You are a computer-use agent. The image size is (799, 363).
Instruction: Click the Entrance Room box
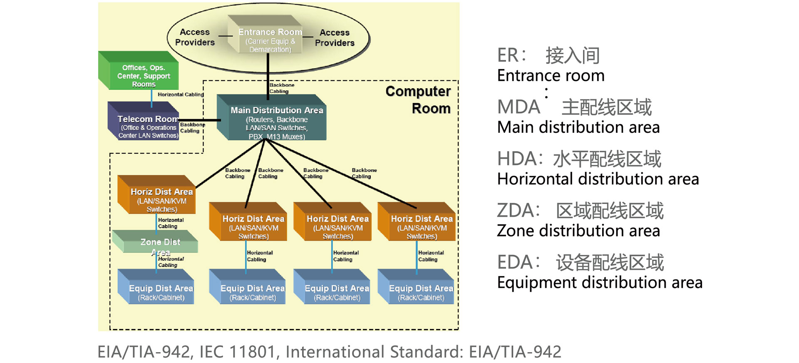270,37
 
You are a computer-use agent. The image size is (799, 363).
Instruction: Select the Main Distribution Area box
277,121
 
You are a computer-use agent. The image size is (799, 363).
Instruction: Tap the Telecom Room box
146,125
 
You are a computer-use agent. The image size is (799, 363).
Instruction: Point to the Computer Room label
418,100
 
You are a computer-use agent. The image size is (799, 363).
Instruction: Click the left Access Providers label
195,37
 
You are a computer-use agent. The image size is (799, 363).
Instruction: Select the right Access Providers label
335,37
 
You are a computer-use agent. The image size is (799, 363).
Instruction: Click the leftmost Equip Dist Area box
161,291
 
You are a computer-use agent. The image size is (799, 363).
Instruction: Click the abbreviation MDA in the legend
519,107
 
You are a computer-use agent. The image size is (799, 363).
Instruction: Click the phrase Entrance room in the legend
551,76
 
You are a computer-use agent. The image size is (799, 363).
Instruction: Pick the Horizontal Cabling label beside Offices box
181,94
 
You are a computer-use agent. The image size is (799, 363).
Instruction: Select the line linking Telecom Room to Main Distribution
200,120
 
